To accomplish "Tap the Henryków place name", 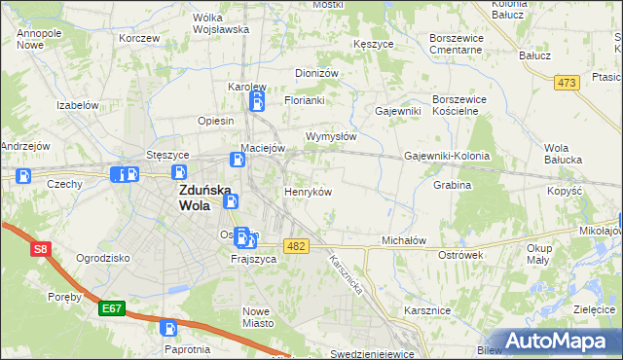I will (308, 192).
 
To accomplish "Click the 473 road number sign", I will (567, 83).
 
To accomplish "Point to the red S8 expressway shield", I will (40, 250).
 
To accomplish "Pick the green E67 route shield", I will (112, 308).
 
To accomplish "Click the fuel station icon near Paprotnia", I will (168, 329).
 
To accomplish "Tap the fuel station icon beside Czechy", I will (24, 176).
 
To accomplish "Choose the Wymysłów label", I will (331, 136).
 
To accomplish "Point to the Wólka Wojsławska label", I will (220, 22).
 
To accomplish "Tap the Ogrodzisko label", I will (102, 258).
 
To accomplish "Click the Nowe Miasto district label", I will (258, 316).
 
